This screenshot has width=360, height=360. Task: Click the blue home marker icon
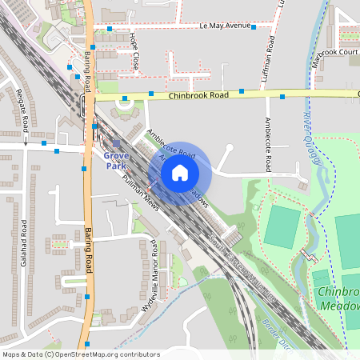coord(180,172)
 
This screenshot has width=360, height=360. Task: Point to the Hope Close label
coord(135,55)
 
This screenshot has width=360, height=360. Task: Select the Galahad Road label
coord(25,243)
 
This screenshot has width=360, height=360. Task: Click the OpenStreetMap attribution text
coord(81,354)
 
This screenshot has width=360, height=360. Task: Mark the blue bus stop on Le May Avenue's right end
coord(254,27)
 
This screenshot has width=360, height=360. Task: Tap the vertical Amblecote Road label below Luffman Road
coord(268,145)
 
